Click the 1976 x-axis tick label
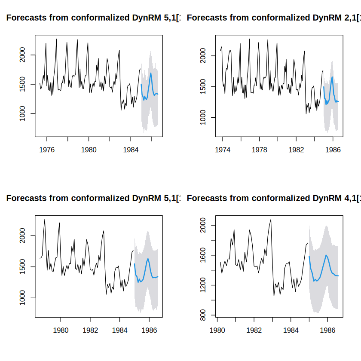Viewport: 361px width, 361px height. [47, 150]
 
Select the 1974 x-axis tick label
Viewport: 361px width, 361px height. [223, 150]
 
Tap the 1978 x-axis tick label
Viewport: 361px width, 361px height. [260, 150]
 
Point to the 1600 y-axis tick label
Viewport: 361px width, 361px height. [203, 255]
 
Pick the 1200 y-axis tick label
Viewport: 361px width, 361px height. [203, 285]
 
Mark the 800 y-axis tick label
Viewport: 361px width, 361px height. [203, 315]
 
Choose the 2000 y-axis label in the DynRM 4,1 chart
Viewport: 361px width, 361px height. [203, 225]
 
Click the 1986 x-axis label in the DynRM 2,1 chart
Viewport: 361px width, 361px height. [333, 150]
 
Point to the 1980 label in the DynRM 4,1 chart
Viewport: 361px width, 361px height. [217, 330]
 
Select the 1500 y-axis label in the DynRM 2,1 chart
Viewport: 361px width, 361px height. [203, 86]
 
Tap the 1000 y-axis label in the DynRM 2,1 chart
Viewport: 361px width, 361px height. [203, 117]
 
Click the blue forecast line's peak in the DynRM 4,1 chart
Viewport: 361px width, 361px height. [326, 255]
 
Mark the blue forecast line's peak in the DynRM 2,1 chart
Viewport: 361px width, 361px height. [332, 77]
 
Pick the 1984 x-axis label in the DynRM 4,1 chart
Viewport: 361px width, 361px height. [291, 330]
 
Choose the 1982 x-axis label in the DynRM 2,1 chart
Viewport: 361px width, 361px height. [296, 150]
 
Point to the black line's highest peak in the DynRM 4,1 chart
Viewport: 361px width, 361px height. [271, 219]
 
